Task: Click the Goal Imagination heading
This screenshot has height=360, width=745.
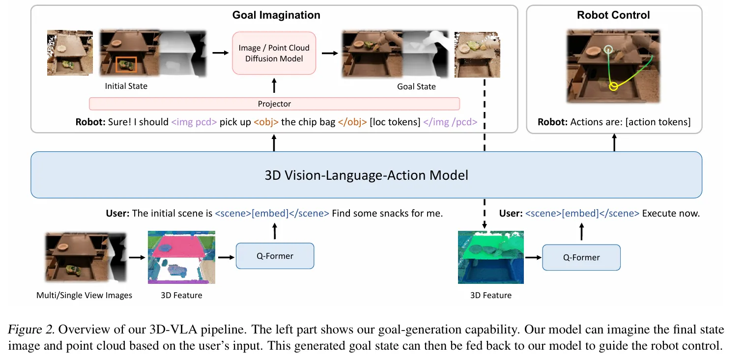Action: [x=276, y=15]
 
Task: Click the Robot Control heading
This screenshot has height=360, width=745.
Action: [x=613, y=15]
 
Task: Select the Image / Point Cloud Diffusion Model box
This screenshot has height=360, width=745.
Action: [x=274, y=53]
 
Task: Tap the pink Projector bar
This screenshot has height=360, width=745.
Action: [x=274, y=104]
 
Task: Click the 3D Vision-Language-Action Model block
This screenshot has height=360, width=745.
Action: [x=366, y=175]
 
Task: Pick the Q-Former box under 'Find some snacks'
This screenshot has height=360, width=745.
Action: [x=275, y=256]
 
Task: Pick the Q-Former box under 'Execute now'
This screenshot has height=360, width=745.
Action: [x=581, y=258]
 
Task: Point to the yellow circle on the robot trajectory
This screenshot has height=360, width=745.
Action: [x=612, y=87]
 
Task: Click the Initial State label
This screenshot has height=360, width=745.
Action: [x=126, y=86]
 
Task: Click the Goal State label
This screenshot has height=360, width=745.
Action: [x=416, y=86]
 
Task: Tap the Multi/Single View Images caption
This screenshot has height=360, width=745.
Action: [x=84, y=296]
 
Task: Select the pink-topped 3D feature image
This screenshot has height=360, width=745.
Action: [x=181, y=257]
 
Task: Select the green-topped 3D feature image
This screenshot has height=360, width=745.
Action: [x=490, y=257]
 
